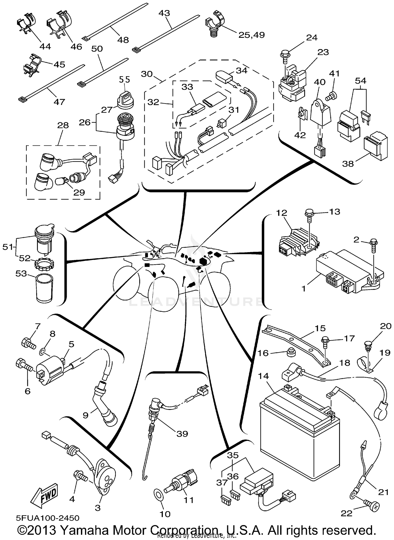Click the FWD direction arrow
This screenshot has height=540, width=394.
[44, 495]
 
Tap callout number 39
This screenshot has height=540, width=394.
[182, 433]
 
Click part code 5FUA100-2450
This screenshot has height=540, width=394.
[48, 518]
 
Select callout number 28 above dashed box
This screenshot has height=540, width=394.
[63, 125]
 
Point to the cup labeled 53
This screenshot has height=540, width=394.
[44, 288]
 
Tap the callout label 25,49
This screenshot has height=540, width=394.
[251, 35]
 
